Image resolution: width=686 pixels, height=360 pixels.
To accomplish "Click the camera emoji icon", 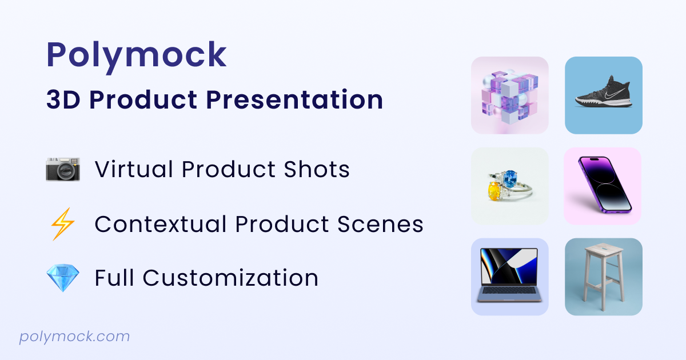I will [x=63, y=169].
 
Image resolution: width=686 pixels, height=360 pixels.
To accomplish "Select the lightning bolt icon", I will [x=63, y=224].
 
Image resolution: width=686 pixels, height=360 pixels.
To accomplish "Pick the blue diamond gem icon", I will [x=63, y=278].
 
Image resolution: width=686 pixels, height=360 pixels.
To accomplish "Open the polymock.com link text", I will [x=74, y=337].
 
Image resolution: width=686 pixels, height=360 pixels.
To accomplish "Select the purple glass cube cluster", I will [x=509, y=95].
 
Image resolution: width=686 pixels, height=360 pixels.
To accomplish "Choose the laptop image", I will [x=509, y=275].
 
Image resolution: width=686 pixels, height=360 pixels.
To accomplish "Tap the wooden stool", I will [x=603, y=275].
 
